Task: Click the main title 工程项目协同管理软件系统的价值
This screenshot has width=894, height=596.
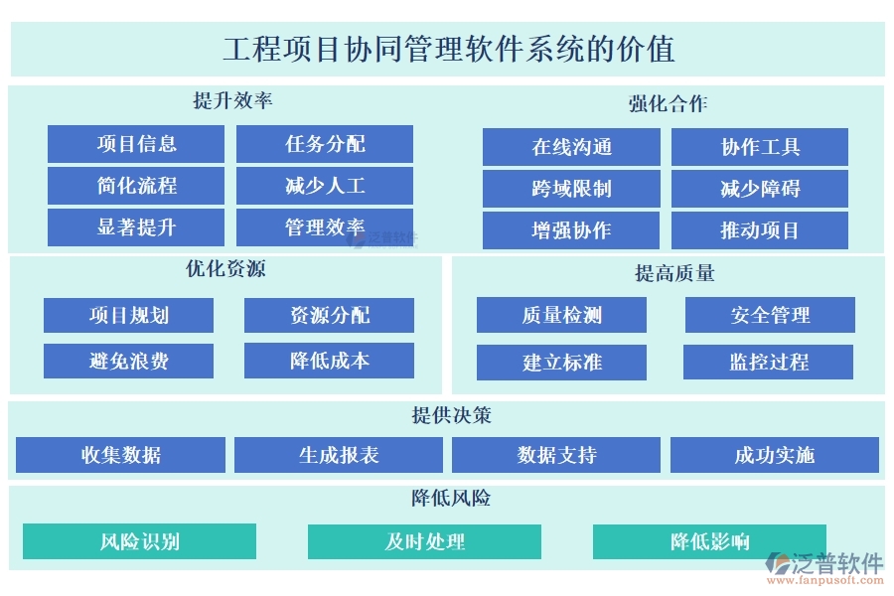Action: tap(448, 49)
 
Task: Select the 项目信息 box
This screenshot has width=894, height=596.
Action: tap(136, 144)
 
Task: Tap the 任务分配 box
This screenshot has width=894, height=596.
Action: tap(325, 144)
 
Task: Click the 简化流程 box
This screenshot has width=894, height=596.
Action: tap(136, 186)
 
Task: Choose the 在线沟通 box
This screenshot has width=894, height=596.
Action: tap(571, 147)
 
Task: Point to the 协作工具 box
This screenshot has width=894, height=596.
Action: tap(760, 147)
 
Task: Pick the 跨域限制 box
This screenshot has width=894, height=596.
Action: tap(571, 189)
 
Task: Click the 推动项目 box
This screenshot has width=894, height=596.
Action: tap(760, 230)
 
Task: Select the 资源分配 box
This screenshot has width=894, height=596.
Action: tap(329, 316)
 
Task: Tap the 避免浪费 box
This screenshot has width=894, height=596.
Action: tap(128, 361)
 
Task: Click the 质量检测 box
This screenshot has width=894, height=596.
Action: tap(561, 316)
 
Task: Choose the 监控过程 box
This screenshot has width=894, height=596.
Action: tap(768, 362)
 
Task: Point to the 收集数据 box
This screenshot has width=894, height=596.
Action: tap(120, 455)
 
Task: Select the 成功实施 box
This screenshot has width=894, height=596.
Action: tap(774, 455)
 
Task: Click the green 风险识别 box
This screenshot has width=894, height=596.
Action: tap(139, 541)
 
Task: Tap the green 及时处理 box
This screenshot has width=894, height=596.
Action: tap(424, 541)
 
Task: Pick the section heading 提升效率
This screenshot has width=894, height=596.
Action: tap(232, 101)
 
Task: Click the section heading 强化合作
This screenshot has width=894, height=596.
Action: tap(668, 103)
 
